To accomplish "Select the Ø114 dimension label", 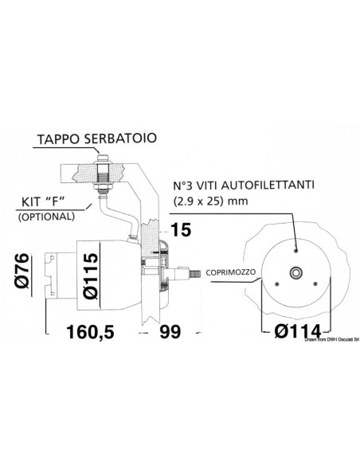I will coord(293,330).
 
